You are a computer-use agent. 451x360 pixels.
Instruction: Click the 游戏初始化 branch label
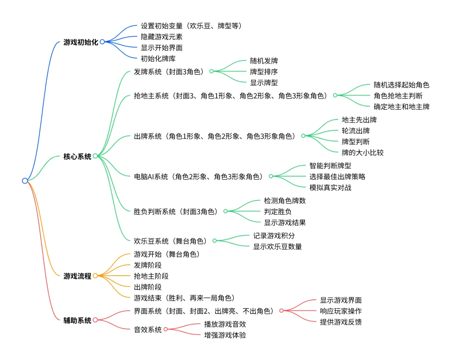81,42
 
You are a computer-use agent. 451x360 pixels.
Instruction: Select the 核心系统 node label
77,157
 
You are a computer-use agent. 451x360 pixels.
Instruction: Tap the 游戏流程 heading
77,276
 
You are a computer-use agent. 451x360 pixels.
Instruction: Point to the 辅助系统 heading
77,321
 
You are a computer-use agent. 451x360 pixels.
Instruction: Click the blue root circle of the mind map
25,181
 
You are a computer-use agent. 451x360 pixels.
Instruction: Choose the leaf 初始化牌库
158,58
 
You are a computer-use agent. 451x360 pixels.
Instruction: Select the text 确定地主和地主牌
401,106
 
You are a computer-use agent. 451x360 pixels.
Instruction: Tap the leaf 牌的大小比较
362,152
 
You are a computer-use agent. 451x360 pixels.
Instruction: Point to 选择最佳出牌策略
337,177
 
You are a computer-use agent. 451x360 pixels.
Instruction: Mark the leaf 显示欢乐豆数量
277,246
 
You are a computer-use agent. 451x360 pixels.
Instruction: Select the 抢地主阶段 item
151,276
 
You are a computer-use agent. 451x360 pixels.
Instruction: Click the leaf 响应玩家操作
341,311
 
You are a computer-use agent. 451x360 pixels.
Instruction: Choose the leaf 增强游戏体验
225,335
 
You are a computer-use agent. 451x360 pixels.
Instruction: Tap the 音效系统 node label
148,330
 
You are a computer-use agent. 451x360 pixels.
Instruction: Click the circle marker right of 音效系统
166,330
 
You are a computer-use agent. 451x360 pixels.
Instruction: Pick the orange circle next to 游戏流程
95,276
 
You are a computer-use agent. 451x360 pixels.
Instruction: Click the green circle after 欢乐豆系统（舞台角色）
215,241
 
